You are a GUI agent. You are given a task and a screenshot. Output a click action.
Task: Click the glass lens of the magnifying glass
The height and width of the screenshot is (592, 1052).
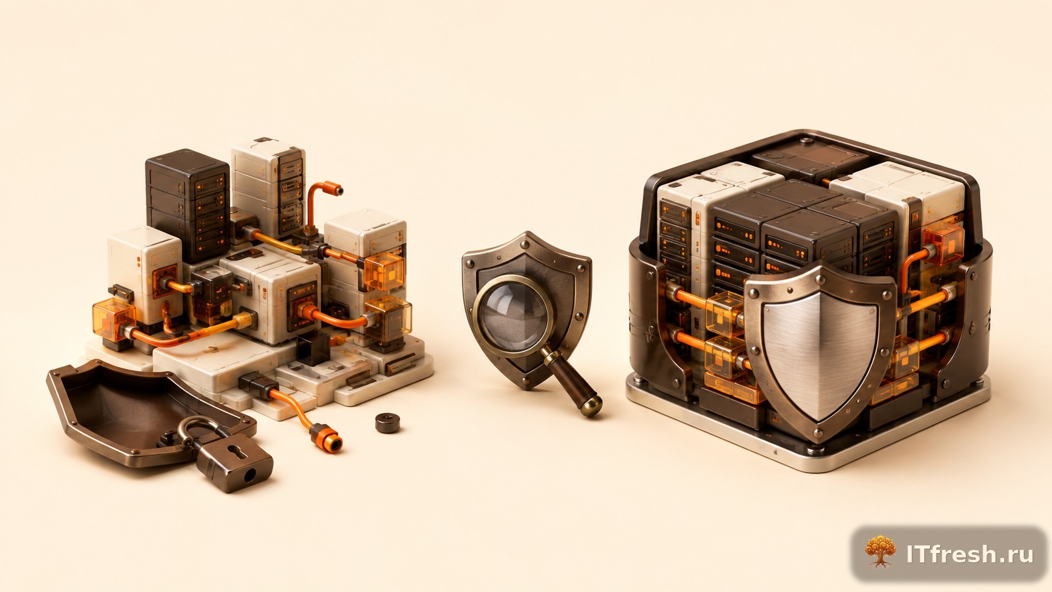[x=513, y=315]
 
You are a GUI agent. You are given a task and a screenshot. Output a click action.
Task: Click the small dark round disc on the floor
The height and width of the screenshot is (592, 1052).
[x=388, y=423]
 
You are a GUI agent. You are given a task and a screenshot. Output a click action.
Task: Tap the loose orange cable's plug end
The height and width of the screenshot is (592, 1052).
[x=326, y=437]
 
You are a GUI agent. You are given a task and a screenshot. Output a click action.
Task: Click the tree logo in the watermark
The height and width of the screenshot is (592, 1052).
[x=880, y=552]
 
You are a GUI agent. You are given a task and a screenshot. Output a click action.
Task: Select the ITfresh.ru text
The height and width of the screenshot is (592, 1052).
[x=970, y=554]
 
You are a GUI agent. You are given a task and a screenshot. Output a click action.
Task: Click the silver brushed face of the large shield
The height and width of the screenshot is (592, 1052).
[x=820, y=354]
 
